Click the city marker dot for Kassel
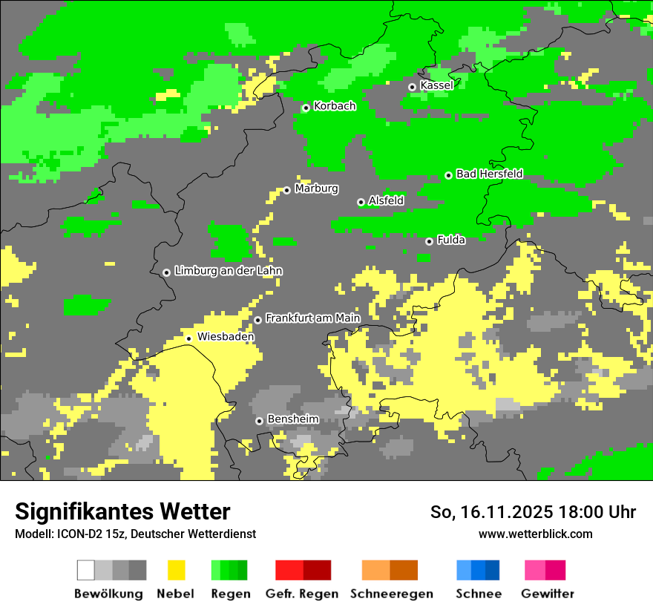coord(412,87)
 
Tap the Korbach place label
coord(335,106)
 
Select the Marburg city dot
coord(287,190)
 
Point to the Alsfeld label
coord(386,200)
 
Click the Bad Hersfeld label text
coord(489,174)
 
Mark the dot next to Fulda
coord(429,241)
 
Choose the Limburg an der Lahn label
coord(228,271)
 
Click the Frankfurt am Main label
coord(312,318)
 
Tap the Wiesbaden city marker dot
coord(189,338)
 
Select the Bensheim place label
coord(292,419)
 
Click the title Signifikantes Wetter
coord(122,511)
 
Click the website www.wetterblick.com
coord(535,534)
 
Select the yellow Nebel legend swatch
coord(176,570)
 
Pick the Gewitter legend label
coord(547,594)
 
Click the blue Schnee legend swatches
coord(478,570)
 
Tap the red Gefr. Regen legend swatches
coord(303,570)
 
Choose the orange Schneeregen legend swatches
coord(390,570)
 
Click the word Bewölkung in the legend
coord(108,594)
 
